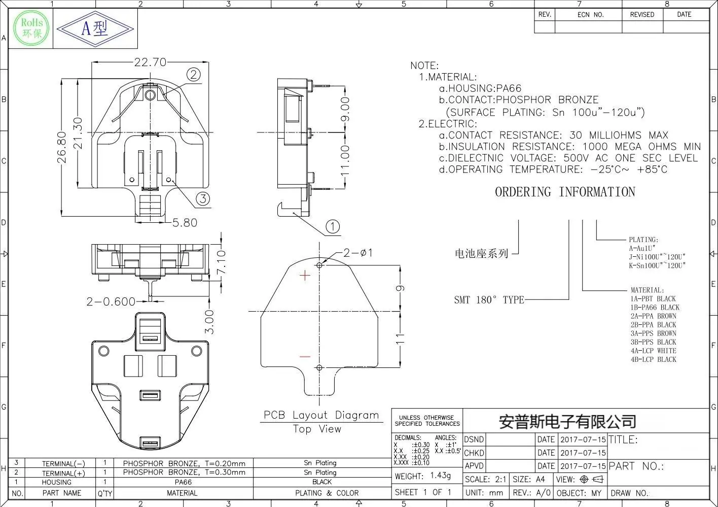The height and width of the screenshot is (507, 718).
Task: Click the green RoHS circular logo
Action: point(31,28)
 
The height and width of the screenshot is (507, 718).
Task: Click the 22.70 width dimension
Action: point(150,62)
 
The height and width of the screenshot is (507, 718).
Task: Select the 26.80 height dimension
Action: point(61,147)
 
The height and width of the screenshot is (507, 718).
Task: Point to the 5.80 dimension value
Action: point(185,223)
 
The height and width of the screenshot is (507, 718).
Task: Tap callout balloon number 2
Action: point(194,75)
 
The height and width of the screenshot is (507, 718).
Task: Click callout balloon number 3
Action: point(203,198)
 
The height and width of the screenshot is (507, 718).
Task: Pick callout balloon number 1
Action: point(333,226)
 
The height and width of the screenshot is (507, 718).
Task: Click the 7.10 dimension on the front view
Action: point(221,262)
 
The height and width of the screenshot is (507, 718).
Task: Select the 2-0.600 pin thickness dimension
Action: point(111,301)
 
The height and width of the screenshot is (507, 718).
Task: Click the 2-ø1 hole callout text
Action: point(358,253)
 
